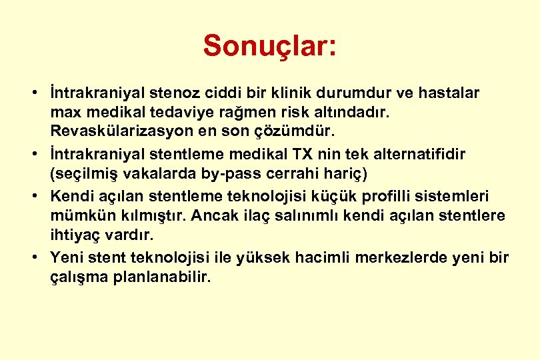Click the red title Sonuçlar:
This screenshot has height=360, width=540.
coord(270,46)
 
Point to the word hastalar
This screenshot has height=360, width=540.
coord(447,92)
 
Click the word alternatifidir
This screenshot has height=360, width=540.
coord(421,154)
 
